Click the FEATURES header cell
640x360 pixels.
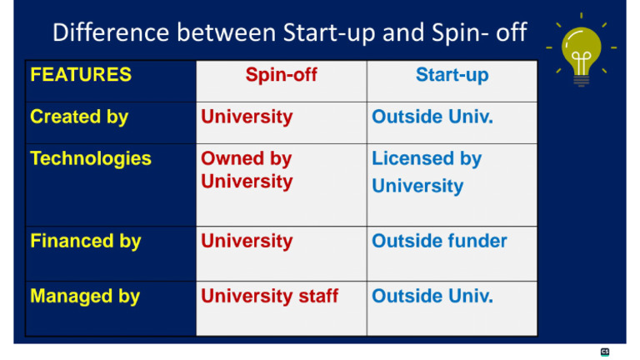(81, 75)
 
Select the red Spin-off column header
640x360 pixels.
(281, 75)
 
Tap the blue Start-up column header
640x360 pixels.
(452, 75)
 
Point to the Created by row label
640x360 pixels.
(79, 117)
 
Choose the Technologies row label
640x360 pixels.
(91, 158)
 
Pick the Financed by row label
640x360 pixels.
(86, 242)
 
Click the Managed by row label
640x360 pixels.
(85, 296)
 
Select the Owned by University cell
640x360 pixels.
(247, 169)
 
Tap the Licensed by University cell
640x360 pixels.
(427, 172)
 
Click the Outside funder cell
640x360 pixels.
(439, 242)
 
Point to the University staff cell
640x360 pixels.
(269, 296)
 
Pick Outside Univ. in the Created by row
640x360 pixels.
(432, 117)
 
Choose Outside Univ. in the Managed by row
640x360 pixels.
(432, 296)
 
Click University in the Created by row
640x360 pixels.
(247, 117)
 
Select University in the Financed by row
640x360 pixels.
(247, 242)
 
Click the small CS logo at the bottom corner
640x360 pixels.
(605, 352)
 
